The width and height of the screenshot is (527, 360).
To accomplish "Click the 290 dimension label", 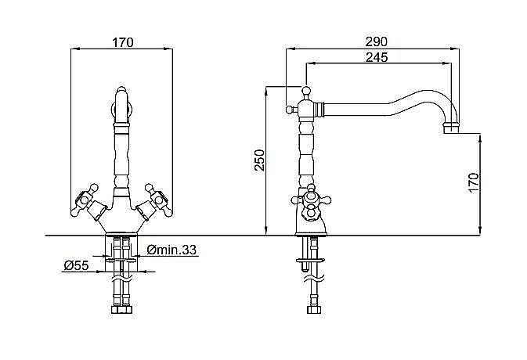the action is (x=376, y=41).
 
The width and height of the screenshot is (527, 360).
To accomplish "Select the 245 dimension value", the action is (x=377, y=57).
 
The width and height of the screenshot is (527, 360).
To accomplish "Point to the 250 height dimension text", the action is (x=259, y=160).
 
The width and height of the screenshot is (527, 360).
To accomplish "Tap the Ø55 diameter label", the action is (x=76, y=265).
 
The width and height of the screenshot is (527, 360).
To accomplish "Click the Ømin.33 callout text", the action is (x=171, y=250).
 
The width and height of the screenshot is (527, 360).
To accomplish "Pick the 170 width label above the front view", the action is (x=123, y=42).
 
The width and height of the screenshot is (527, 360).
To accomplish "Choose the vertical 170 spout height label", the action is (x=473, y=182).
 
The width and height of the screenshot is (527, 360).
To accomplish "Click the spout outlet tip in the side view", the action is (x=451, y=128).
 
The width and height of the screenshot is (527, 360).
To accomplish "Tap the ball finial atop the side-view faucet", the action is (x=305, y=91).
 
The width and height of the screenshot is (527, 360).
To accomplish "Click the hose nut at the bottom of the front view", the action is (x=121, y=310).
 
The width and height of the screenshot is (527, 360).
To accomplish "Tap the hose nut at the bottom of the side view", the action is (x=315, y=310).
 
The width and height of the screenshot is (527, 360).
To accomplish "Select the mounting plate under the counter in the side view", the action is (x=311, y=260).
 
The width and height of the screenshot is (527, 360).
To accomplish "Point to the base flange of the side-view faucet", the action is (x=311, y=234).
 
